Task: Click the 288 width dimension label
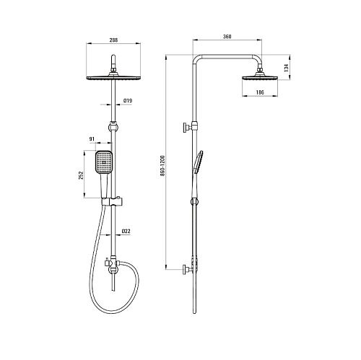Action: (x=113, y=40)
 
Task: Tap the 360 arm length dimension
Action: (x=227, y=37)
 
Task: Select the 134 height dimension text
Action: (x=286, y=68)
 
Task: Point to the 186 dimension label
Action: (x=260, y=92)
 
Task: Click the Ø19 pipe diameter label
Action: (x=128, y=100)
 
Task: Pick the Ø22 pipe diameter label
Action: (x=126, y=231)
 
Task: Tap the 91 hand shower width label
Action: (x=92, y=139)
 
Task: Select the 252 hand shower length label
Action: (x=81, y=175)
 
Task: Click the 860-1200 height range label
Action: (x=162, y=166)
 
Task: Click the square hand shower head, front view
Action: (x=104, y=162)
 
